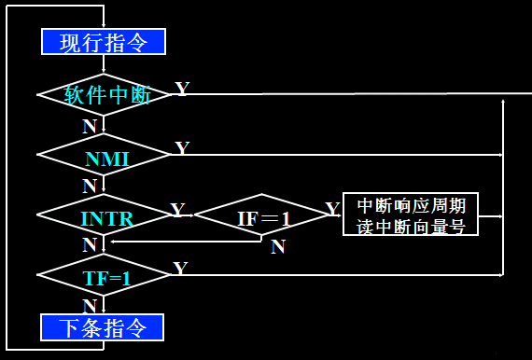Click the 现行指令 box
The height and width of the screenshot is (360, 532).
pyautogui.click(x=103, y=42)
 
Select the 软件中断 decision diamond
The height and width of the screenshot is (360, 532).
pyautogui.click(x=105, y=94)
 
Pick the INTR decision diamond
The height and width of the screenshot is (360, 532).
pyautogui.click(x=105, y=216)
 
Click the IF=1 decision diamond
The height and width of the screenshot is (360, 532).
pyautogui.click(x=262, y=216)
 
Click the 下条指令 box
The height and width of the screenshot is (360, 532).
pyautogui.click(x=103, y=327)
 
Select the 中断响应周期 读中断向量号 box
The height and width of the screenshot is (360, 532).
pyautogui.click(x=411, y=215)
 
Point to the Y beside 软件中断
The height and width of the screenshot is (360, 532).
pyautogui.click(x=182, y=90)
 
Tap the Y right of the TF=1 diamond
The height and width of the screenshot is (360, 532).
pyautogui.click(x=181, y=269)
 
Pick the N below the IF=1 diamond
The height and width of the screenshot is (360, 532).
pyautogui.click(x=277, y=247)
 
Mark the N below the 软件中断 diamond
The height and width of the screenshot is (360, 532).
pyautogui.click(x=89, y=125)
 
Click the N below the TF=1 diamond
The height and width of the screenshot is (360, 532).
pyautogui.click(x=90, y=306)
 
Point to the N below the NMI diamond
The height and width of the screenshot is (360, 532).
pyautogui.click(x=89, y=186)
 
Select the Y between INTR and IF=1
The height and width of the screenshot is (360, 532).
pyautogui.click(x=177, y=211)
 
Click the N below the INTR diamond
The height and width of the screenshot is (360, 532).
pyautogui.click(x=90, y=245)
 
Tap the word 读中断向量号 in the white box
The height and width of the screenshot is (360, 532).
pyautogui.click(x=411, y=226)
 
